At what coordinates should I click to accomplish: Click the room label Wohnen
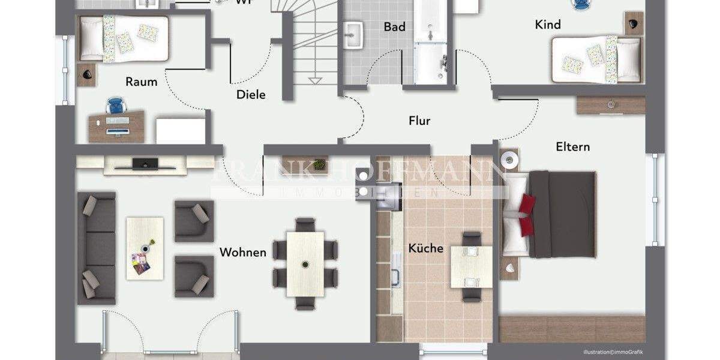click(242, 252)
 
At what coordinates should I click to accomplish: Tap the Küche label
click(426, 248)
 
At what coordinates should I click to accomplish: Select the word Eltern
click(572, 146)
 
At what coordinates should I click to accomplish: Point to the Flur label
click(419, 121)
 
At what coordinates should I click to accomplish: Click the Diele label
click(251, 94)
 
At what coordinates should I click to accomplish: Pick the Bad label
click(395, 26)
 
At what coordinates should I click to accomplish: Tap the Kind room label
click(548, 25)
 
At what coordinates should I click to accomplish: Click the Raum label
click(142, 82)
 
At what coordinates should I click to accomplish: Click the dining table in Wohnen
click(305, 263)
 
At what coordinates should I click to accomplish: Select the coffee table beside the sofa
click(145, 248)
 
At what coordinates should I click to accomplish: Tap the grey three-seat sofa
click(96, 248)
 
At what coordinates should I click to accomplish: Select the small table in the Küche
click(471, 266)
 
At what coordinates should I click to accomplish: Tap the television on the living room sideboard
click(145, 163)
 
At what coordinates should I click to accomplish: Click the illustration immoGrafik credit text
click(616, 352)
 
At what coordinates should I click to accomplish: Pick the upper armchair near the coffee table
click(193, 221)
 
